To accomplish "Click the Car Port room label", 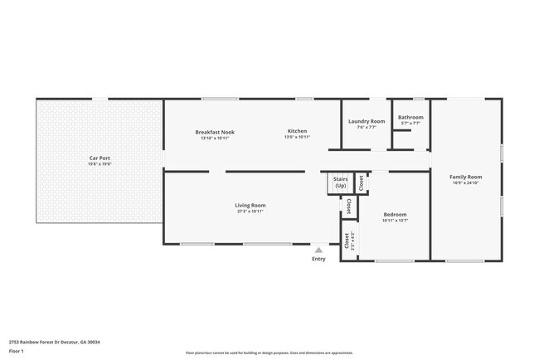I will click(x=100, y=158).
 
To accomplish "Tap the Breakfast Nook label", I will click(x=215, y=132).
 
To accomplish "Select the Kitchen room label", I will click(x=297, y=132).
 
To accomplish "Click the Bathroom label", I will click(x=410, y=117).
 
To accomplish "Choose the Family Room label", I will click(x=466, y=177).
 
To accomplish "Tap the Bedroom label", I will click(x=395, y=215).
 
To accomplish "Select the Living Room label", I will click(x=250, y=205).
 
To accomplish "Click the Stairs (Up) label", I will click(x=340, y=182).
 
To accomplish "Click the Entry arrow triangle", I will click(x=318, y=249).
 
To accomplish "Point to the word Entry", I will click(x=318, y=259).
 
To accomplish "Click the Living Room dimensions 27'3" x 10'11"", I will click(x=250, y=212).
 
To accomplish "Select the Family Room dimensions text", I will click(x=466, y=183).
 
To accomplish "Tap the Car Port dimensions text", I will click(x=100, y=164).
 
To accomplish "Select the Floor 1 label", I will click(x=17, y=351).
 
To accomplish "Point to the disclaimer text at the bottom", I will click(x=269, y=353).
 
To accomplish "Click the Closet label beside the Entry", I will click(x=347, y=240).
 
